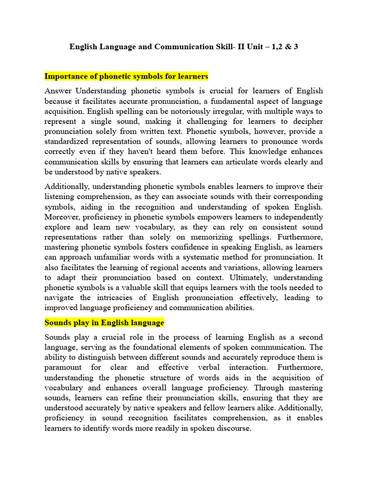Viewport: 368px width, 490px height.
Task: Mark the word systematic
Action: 180,257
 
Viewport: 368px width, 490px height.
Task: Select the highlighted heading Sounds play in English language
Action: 104,323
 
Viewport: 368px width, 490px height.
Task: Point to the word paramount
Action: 64,367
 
